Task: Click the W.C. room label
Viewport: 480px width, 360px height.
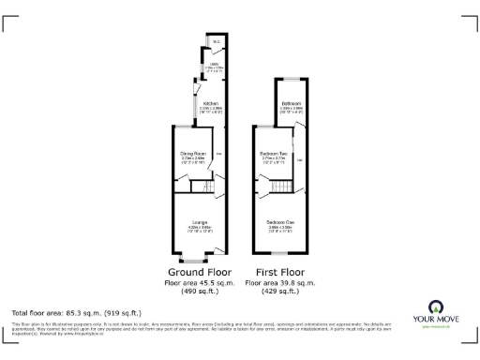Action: (215, 42)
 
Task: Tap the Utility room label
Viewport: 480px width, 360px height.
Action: (214, 64)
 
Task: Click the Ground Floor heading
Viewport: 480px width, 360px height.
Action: (201, 272)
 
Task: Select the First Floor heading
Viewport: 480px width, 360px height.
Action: (279, 272)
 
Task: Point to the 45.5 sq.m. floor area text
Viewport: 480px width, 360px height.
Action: (201, 282)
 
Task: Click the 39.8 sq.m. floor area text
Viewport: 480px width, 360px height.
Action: (279, 282)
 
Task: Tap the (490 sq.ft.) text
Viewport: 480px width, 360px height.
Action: (201, 292)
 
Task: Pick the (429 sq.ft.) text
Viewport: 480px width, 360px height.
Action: (279, 292)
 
